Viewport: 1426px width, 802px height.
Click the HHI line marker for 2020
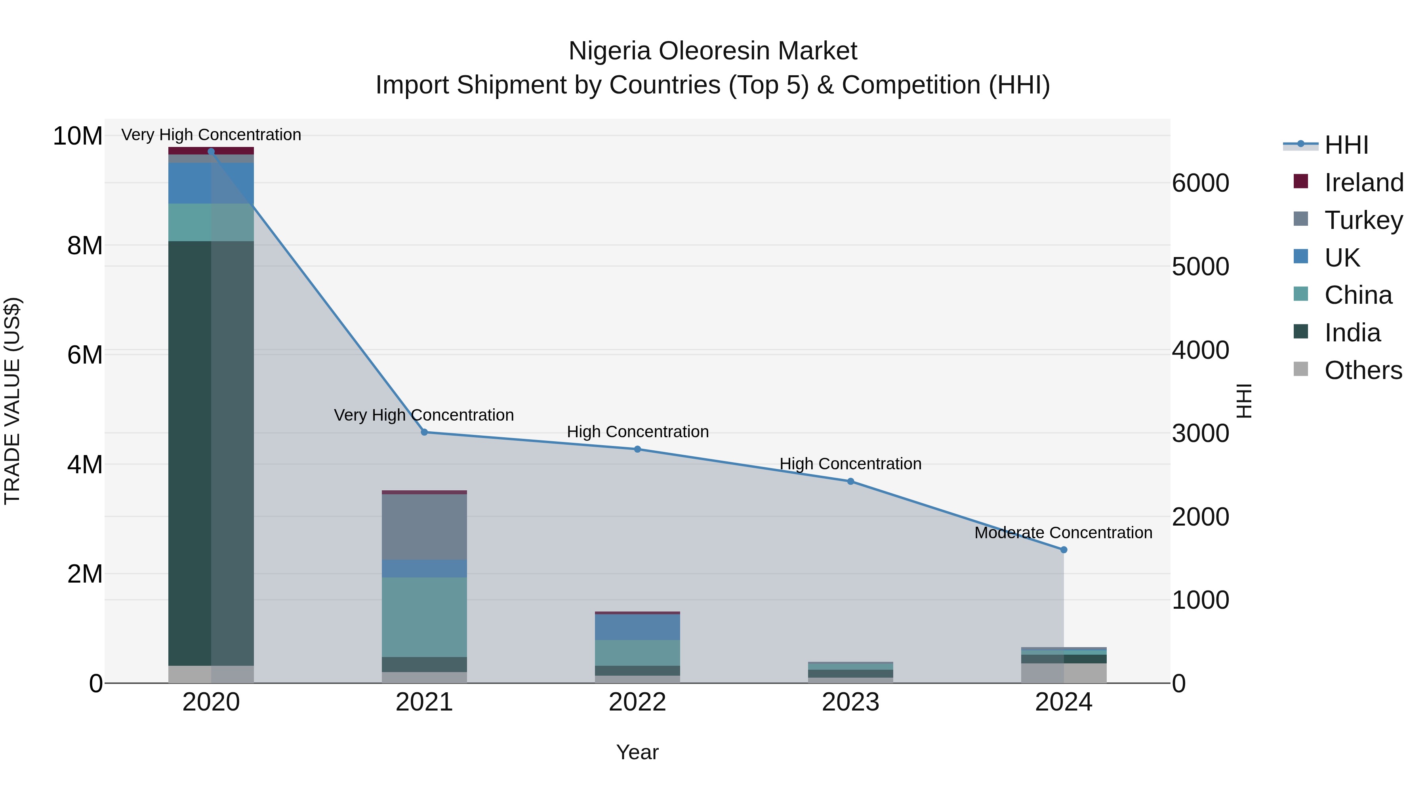click(x=211, y=152)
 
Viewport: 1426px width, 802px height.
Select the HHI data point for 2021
click(x=424, y=432)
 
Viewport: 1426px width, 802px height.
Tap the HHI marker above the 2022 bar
click(x=637, y=450)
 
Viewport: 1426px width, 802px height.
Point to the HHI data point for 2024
click(x=1064, y=550)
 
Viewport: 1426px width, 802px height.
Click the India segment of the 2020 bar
click(x=211, y=454)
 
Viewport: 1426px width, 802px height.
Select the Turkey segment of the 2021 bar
click(x=424, y=527)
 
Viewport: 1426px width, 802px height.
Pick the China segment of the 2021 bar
click(x=424, y=617)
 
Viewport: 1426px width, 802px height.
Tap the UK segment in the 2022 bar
click(x=637, y=627)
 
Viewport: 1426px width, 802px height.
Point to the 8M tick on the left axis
click(x=85, y=245)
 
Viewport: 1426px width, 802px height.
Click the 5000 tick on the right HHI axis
click(x=1200, y=267)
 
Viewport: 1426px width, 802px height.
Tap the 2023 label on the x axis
click(x=850, y=702)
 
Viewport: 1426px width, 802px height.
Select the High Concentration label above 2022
click(x=637, y=432)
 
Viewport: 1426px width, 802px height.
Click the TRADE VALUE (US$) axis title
click(x=12, y=401)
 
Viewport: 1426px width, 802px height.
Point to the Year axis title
click(x=637, y=752)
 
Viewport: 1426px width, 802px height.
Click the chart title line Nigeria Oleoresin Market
click(x=713, y=51)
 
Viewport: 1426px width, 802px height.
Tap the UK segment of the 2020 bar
click(x=211, y=183)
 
